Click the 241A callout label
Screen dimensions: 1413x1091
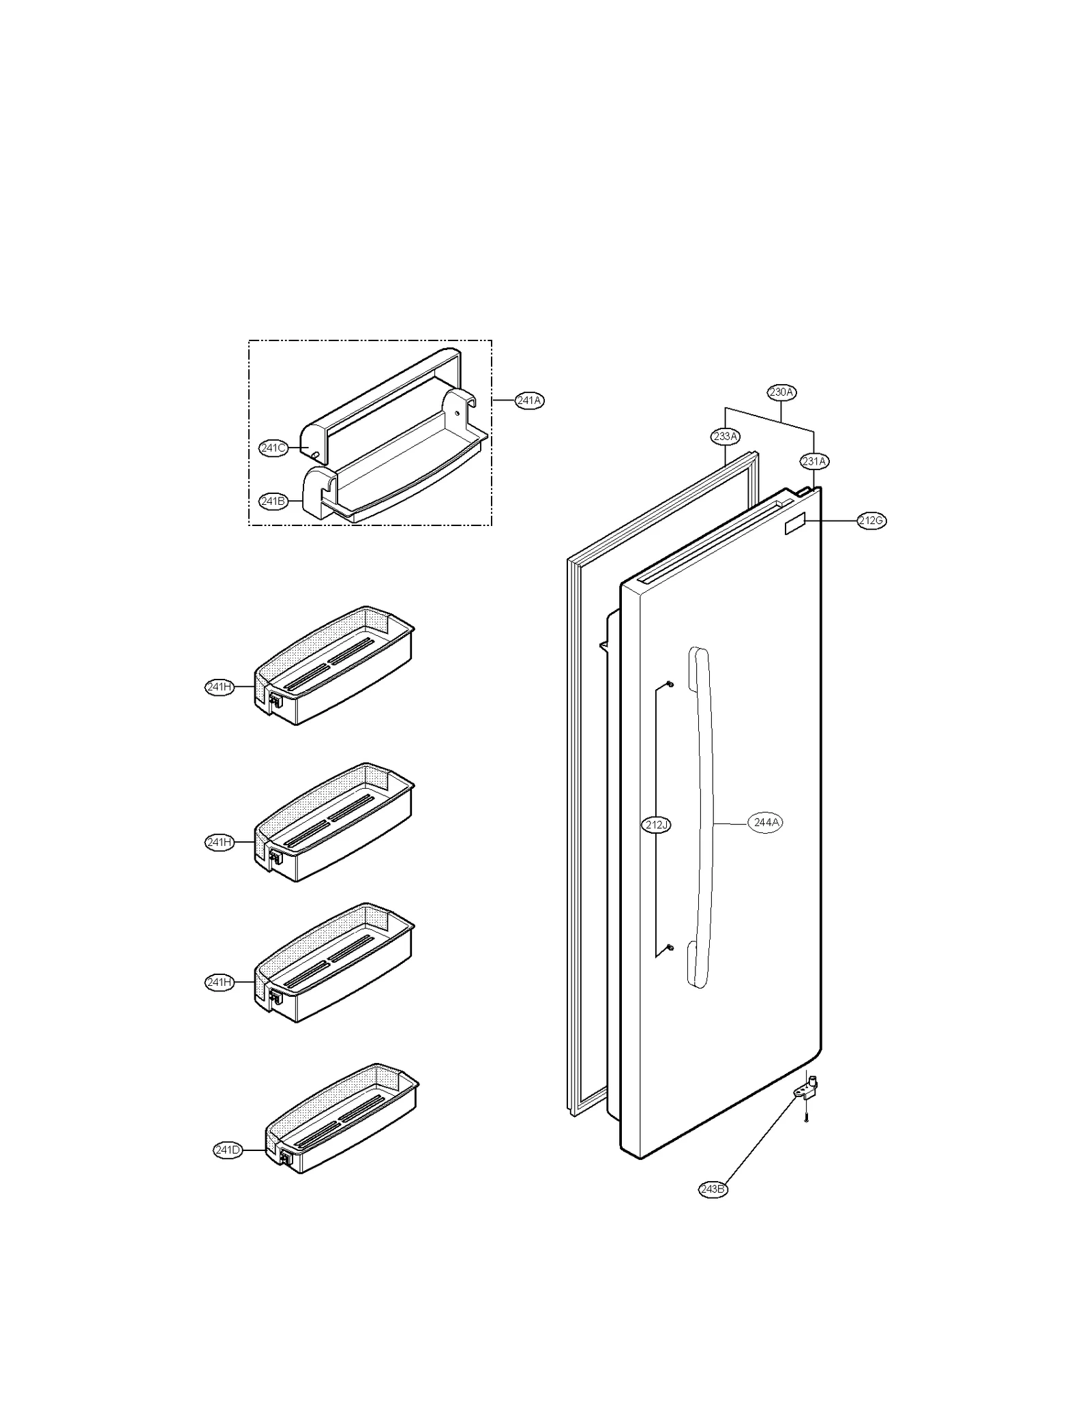(529, 400)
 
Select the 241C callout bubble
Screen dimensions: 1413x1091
(273, 448)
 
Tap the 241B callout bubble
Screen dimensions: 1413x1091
(272, 501)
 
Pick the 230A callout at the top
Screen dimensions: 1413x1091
(781, 392)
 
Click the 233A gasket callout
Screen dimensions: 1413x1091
(725, 436)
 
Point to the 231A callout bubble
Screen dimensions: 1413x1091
(814, 461)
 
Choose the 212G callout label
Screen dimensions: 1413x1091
(871, 521)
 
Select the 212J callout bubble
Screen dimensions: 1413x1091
(657, 826)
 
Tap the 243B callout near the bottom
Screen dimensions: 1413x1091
(713, 1189)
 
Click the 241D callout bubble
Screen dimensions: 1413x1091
(228, 1150)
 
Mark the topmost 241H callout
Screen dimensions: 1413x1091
(220, 687)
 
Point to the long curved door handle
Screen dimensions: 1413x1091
(702, 819)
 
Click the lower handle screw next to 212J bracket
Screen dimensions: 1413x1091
(670, 947)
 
